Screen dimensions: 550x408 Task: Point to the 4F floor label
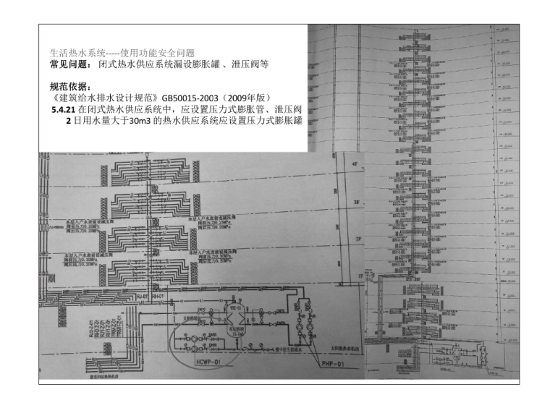[355, 164]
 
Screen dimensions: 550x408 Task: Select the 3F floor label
[355, 202]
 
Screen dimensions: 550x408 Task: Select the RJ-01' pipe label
[143, 297]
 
